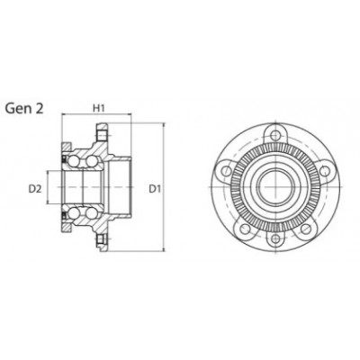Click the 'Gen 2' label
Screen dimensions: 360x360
click(24, 108)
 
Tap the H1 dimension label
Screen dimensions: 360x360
click(98, 109)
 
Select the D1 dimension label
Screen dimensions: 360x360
click(155, 189)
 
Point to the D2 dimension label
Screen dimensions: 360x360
click(35, 189)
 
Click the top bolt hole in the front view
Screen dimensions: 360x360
click(274, 135)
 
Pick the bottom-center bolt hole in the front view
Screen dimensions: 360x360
click(274, 238)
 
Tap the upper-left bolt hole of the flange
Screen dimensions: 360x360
click(226, 171)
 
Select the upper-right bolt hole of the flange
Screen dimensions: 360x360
click(324, 171)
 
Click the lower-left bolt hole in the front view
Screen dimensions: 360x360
click(246, 229)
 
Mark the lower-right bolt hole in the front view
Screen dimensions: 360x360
click(305, 229)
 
